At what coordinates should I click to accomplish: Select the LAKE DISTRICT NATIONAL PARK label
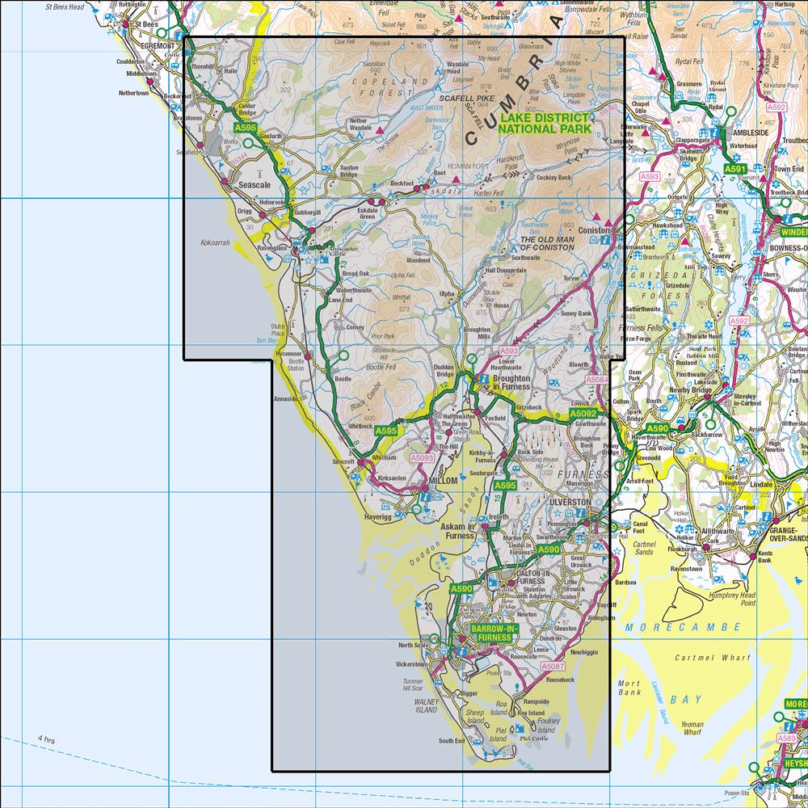(x=545, y=123)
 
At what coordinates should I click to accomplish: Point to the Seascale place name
(x=256, y=184)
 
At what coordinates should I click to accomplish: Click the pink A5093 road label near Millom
(x=422, y=458)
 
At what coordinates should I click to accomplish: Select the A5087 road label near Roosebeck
(x=552, y=666)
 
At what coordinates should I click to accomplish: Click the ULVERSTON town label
(x=570, y=502)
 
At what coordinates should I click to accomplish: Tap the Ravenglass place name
(x=271, y=249)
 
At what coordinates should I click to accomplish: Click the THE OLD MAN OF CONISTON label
(x=547, y=243)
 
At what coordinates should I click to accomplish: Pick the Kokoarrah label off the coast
(x=215, y=241)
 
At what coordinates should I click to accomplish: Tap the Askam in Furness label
(x=458, y=531)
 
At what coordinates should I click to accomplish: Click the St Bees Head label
(x=65, y=6)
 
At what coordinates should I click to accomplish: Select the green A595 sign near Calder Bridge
(x=245, y=128)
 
